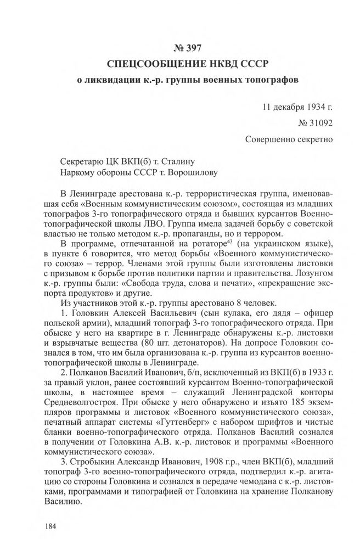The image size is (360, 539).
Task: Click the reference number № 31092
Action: [310, 120]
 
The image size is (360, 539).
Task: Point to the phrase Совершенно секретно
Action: [289, 139]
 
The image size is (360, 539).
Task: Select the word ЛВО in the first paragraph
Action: [143, 224]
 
